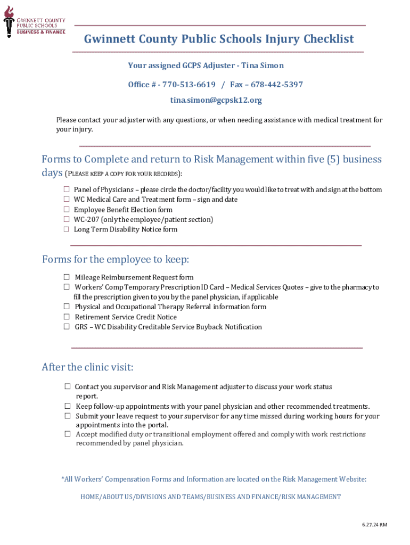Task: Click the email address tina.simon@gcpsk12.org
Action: [x=216, y=100]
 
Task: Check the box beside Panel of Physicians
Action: [x=67, y=189]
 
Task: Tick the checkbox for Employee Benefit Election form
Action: [x=67, y=210]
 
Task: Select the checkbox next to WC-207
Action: [x=67, y=219]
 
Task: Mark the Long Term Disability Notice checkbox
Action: [x=67, y=229]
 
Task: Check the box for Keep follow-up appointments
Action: [x=68, y=406]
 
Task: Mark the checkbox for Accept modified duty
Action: [x=68, y=434]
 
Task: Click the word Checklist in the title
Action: [x=329, y=39]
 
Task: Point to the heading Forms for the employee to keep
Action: [x=116, y=260]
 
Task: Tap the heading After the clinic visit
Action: [x=87, y=367]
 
